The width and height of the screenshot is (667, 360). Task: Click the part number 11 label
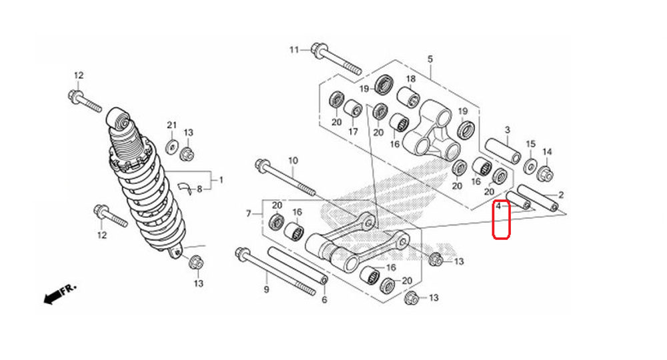[295, 50]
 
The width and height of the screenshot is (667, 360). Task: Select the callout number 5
[430, 59]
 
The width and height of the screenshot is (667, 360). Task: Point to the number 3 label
[507, 129]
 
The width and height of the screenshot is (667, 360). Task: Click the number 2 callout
[561, 195]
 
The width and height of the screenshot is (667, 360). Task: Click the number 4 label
[498, 207]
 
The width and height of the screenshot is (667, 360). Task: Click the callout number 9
[266, 290]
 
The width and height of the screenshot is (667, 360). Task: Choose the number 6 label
[324, 300]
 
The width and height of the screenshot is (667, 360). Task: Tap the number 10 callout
[292, 161]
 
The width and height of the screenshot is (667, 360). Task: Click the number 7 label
[249, 213]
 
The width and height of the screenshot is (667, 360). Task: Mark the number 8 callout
[199, 189]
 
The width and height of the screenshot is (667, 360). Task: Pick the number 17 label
[353, 131]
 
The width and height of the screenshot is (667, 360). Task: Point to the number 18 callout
[411, 79]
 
